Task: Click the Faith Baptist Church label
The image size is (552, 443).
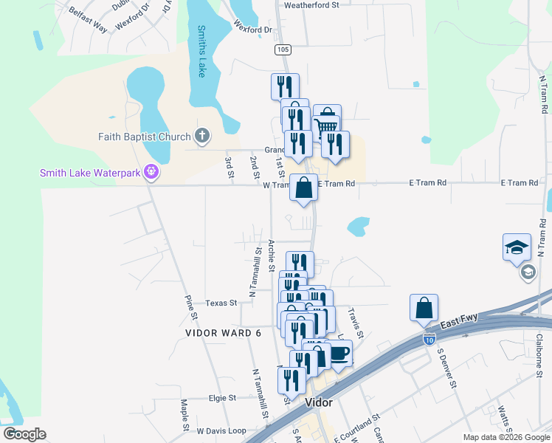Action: pyautogui.click(x=145, y=136)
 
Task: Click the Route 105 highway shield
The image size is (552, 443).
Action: pyautogui.click(x=281, y=49)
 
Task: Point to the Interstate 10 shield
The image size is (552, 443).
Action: pyautogui.click(x=429, y=338)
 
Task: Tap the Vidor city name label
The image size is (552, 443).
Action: pyautogui.click(x=318, y=403)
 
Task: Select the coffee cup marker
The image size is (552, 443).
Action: pyautogui.click(x=338, y=353)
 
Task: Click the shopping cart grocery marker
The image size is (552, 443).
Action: pyautogui.click(x=327, y=120)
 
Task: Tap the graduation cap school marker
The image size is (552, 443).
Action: pyautogui.click(x=517, y=247)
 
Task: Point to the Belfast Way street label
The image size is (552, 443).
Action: pyautogui.click(x=87, y=21)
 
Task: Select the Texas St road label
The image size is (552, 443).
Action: pyautogui.click(x=221, y=303)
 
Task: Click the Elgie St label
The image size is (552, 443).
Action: pyautogui.click(x=221, y=397)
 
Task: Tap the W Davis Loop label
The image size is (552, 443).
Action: pyautogui.click(x=221, y=430)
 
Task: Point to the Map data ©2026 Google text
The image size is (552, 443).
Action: pyautogui.click(x=506, y=437)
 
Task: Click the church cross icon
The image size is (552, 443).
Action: pyautogui.click(x=203, y=136)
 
